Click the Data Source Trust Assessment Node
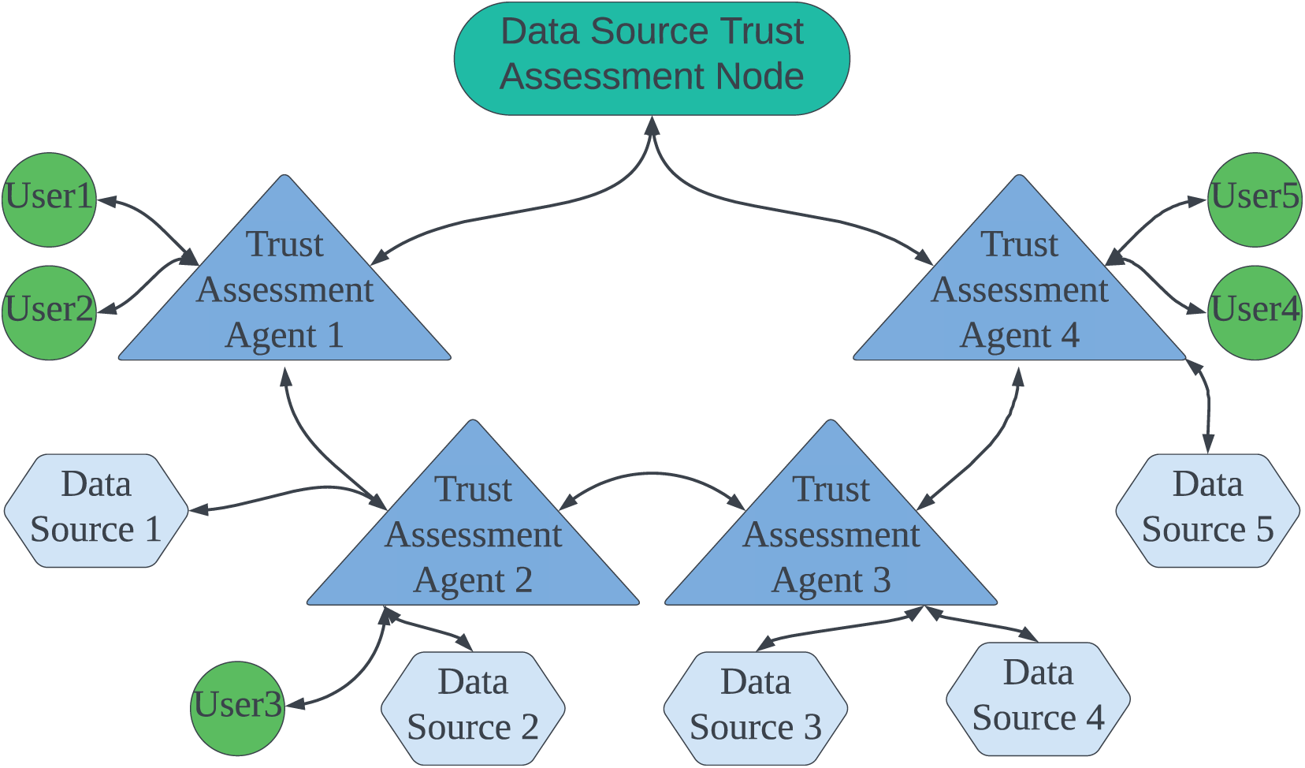click(x=652, y=58)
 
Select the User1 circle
click(x=50, y=200)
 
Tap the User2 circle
click(x=50, y=313)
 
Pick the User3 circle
click(x=238, y=709)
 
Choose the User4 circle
click(x=1255, y=313)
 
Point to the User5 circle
click(x=1255, y=200)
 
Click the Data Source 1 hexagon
click(x=96, y=511)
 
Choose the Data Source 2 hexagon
click(x=473, y=709)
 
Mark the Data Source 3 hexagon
click(x=756, y=709)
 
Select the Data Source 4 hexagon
click(x=1038, y=699)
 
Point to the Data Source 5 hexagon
click(x=1208, y=511)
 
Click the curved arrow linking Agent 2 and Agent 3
click(x=652, y=474)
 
